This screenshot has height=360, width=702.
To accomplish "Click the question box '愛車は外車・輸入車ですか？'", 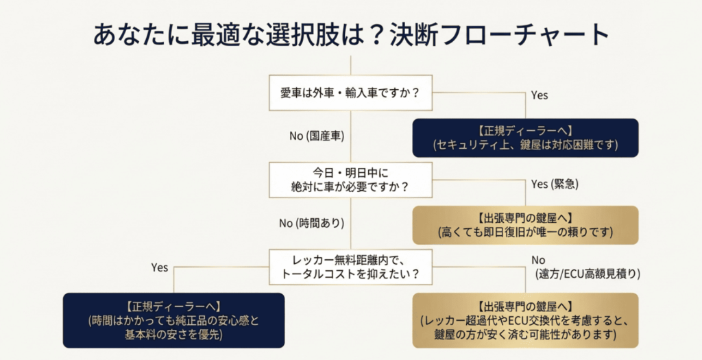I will (350, 93).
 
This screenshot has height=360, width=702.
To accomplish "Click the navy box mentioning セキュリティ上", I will (525, 138).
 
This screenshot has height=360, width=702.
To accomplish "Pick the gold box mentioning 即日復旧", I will (525, 225).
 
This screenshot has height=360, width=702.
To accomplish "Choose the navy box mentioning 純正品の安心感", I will (173, 320).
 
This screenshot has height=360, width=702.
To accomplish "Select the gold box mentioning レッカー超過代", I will (525, 320).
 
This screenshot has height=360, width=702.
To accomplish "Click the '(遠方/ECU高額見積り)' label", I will (588, 274).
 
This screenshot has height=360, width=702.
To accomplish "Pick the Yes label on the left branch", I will (159, 267).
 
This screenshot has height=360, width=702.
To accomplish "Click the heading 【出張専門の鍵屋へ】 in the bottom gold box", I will (525, 305).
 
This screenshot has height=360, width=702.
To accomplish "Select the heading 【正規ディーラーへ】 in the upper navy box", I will (525, 130).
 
